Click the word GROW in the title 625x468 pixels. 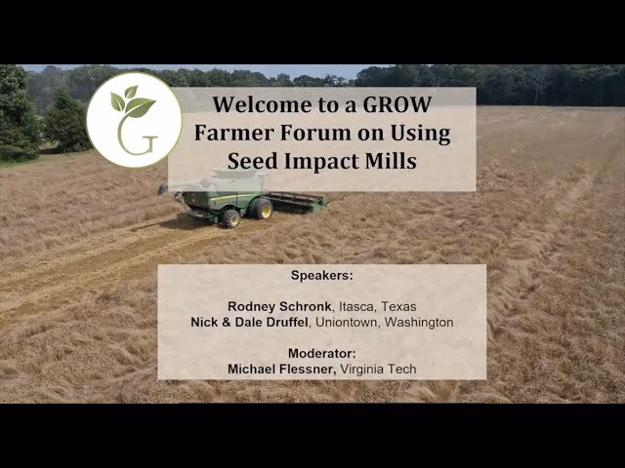(397, 104)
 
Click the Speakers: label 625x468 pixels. (322, 275)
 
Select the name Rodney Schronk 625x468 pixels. (279, 306)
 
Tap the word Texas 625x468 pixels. (398, 306)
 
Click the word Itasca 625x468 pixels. (355, 307)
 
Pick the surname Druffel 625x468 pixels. (287, 322)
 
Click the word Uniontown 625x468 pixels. (346, 322)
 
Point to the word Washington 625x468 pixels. (419, 322)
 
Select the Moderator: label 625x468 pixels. (322, 353)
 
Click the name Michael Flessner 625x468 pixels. (280, 369)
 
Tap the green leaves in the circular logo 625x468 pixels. (133, 101)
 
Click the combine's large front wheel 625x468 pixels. (261, 209)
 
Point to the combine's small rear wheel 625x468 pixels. (230, 218)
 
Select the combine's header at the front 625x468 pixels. (297, 201)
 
